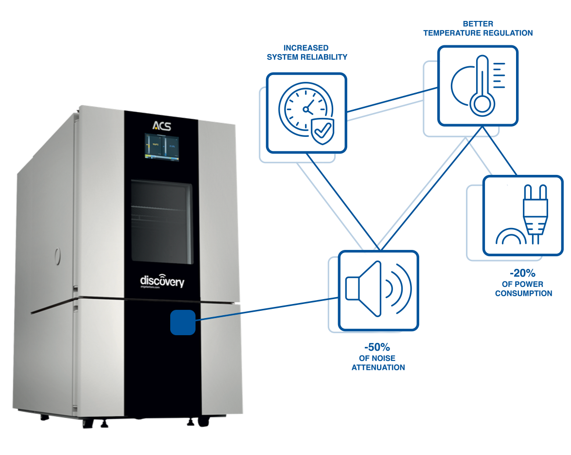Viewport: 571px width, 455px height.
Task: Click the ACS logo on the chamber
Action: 161,125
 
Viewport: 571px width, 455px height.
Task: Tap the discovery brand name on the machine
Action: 162,281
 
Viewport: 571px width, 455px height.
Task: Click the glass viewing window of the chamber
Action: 161,221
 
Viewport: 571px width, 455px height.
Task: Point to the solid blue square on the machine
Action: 182,322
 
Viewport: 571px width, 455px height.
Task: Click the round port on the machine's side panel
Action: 57,254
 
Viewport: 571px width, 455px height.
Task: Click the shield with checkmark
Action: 322,131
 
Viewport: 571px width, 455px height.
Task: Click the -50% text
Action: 377,347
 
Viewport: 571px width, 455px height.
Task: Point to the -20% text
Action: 522,273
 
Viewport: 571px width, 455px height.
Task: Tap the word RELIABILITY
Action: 325,57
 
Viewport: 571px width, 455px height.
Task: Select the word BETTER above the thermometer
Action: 478,24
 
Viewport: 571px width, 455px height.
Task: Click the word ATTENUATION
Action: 378,367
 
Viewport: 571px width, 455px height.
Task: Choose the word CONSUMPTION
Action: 523,293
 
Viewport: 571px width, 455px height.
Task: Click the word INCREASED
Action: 306,48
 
